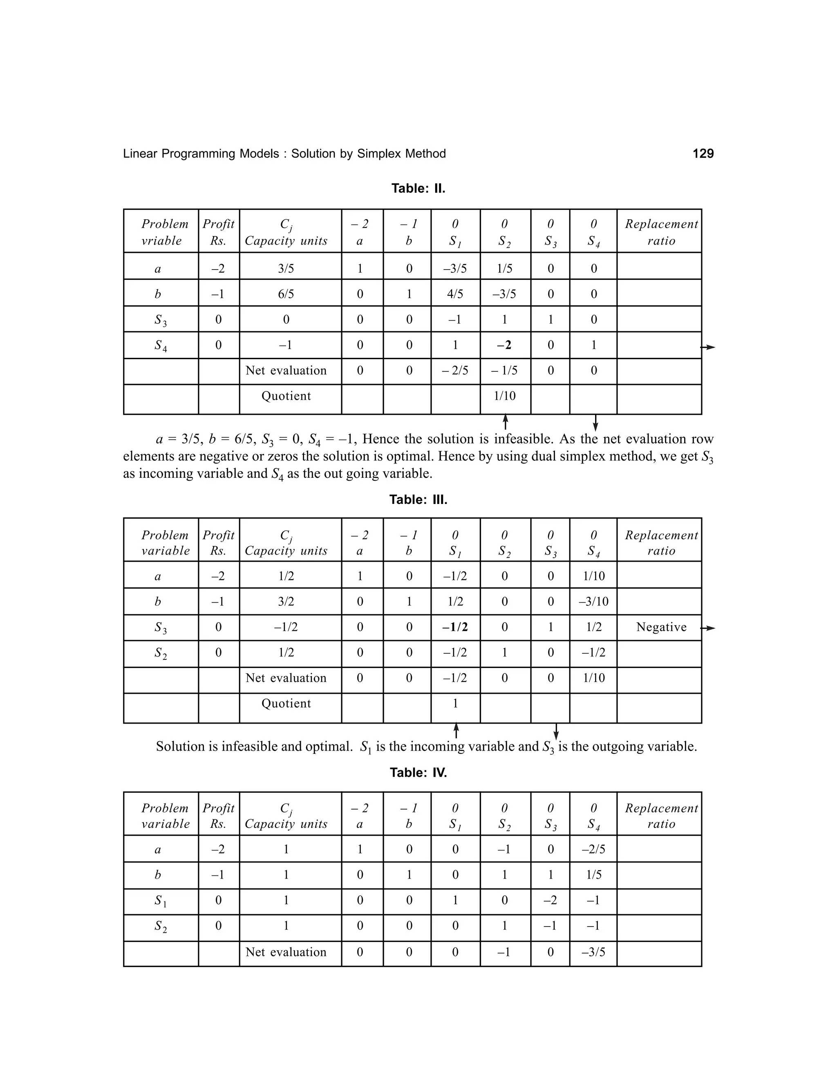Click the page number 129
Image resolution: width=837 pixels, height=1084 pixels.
click(x=703, y=154)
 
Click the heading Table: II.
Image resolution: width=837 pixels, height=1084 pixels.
click(x=418, y=189)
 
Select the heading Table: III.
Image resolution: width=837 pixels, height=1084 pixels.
click(x=418, y=499)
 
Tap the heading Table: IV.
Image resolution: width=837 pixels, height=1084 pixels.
click(x=418, y=772)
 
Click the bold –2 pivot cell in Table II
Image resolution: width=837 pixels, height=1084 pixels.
click(x=504, y=345)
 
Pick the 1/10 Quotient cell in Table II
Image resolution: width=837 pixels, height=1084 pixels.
click(x=504, y=396)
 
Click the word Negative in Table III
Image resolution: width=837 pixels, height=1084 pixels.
click(x=661, y=627)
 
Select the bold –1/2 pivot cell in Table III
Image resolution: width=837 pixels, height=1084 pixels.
click(x=455, y=627)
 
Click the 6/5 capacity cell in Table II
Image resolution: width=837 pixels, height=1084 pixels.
click(x=286, y=295)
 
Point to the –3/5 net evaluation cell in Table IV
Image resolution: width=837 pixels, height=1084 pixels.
click(x=593, y=952)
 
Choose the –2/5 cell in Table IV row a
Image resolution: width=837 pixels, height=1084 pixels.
click(x=593, y=850)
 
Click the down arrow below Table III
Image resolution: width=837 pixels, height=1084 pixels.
click(x=556, y=731)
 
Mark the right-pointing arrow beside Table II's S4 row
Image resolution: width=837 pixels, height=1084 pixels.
click(x=708, y=347)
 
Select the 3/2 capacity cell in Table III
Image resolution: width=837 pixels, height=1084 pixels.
click(x=286, y=602)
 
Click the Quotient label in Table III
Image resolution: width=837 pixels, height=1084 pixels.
click(x=286, y=703)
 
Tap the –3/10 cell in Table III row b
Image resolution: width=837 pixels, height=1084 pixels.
click(x=593, y=602)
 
